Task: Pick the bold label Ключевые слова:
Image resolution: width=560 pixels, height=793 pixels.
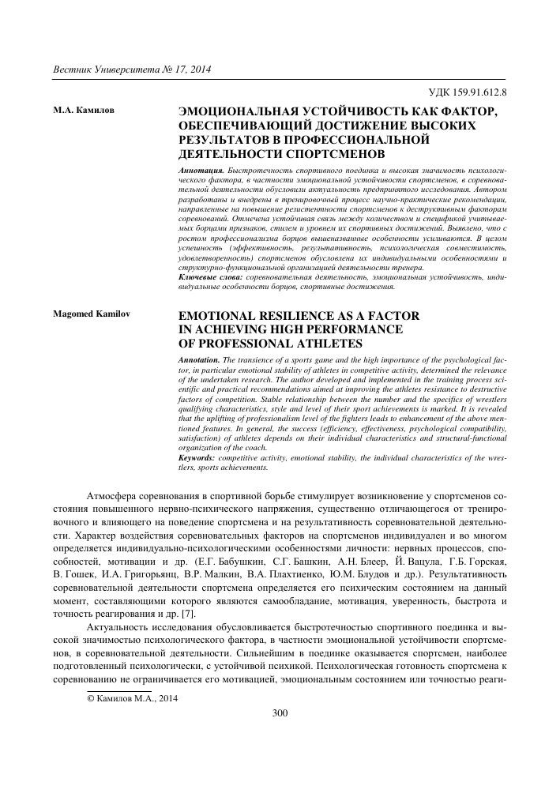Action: coord(212,278)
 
